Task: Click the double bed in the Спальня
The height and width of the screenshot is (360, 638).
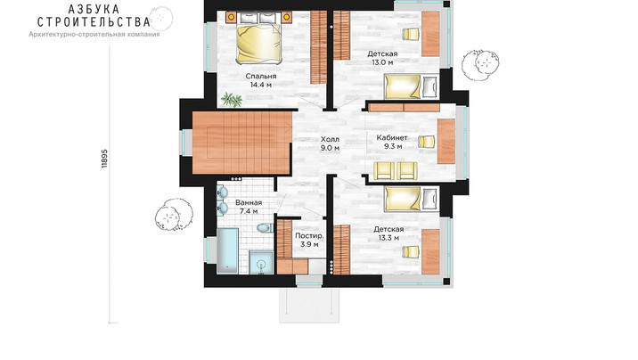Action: coord(258,43)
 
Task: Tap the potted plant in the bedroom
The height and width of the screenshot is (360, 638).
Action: coord(232,99)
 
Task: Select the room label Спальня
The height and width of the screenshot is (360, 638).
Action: coord(261,76)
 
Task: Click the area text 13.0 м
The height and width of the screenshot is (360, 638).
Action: coord(382,62)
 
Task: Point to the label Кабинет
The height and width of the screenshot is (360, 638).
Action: coord(392,137)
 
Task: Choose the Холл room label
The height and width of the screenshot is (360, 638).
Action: coord(330,140)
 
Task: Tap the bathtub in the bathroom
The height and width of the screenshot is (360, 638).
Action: coord(227,250)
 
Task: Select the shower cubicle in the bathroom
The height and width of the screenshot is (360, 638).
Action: coord(261,263)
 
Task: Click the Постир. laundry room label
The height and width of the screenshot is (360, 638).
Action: coord(309,236)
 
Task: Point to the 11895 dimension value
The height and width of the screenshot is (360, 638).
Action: coord(104,159)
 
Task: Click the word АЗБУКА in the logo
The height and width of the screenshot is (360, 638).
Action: coord(94,9)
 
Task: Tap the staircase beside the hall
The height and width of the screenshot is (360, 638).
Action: coord(241,143)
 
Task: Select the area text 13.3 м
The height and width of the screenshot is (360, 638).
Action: coord(389,238)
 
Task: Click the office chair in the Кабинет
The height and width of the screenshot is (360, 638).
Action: coord(427,142)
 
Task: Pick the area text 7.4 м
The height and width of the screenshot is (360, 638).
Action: coord(249,211)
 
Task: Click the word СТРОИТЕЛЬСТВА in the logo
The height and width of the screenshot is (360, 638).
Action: coord(94,21)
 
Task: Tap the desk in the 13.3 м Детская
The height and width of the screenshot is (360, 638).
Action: coord(430,251)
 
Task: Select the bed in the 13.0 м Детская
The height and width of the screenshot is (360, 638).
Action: coord(412,86)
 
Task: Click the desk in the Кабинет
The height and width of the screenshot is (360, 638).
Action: coord(446,141)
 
